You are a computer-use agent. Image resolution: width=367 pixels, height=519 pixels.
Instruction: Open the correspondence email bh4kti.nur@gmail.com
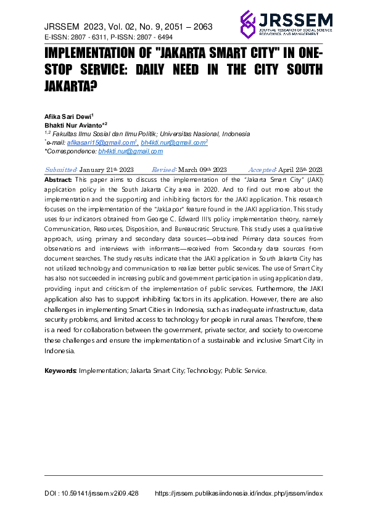[130, 151]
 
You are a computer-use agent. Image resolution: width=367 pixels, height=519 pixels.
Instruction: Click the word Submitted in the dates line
[60, 170]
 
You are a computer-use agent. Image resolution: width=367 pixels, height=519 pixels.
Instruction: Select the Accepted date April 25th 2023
[299, 170]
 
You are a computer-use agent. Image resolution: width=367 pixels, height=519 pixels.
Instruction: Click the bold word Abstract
[58, 179]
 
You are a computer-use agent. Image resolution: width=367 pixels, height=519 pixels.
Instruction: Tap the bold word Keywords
[60, 370]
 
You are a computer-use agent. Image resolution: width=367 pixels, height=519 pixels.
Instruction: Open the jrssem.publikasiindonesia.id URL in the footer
[238, 494]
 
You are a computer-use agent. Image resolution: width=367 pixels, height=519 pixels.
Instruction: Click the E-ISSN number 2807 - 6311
[93, 38]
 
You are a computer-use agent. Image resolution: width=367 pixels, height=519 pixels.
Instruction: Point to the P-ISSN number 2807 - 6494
[161, 38]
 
